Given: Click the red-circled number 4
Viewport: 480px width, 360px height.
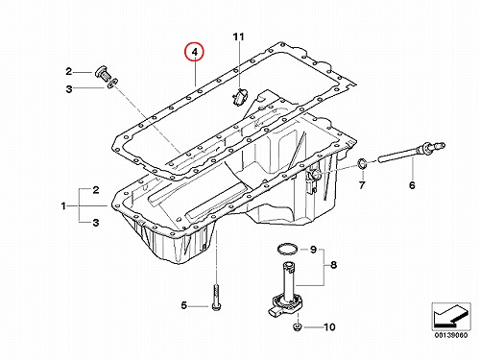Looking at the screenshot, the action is point(194,52).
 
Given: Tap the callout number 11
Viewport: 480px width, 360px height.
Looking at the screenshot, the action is point(238,37).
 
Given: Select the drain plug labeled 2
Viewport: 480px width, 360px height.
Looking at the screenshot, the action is point(103,73).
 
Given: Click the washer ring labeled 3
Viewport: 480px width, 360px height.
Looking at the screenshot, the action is point(111,84).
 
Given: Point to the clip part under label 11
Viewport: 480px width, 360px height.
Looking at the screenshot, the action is point(239,96).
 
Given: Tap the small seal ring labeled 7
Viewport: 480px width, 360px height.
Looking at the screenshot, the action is point(362,164).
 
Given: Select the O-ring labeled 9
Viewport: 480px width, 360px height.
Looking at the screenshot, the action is point(287,250).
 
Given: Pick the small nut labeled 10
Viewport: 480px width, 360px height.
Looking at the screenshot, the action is point(298,327).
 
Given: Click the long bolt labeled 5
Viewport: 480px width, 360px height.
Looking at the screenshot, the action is point(215,297).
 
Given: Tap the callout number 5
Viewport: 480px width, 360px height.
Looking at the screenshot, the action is point(183,305).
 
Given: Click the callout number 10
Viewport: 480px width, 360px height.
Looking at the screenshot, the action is point(329,327).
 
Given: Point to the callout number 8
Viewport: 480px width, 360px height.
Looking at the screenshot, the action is point(333,265).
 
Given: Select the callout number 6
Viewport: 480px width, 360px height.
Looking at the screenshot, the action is point(412,185).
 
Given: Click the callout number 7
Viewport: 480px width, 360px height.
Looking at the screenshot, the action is point(362,185).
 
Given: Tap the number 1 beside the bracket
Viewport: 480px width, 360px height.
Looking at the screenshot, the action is point(63,205).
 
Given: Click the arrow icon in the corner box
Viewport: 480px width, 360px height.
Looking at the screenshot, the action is point(451,316).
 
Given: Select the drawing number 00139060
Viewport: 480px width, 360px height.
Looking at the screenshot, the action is point(451,335).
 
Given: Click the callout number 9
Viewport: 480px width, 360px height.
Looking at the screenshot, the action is point(313,249).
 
